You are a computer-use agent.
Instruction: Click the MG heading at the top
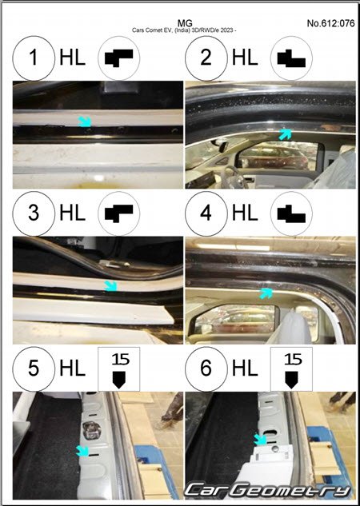(185, 23)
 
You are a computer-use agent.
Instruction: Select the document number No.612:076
(330, 23)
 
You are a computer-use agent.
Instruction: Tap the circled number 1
(34, 58)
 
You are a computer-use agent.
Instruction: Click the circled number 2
(206, 58)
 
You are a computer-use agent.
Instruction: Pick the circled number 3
(34, 213)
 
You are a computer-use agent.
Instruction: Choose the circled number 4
(206, 213)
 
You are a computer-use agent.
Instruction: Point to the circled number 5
(34, 369)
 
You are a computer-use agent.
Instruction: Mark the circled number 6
(206, 369)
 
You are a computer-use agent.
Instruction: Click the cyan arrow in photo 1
(85, 122)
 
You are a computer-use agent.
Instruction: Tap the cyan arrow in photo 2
(285, 134)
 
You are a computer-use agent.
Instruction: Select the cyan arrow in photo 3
(110, 286)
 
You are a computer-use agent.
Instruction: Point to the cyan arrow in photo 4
(266, 293)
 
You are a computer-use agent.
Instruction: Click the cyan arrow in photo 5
(82, 451)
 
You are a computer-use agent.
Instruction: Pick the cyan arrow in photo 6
(260, 439)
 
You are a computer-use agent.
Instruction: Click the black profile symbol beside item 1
(119, 58)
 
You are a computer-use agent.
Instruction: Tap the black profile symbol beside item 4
(291, 213)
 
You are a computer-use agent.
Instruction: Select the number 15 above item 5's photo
(121, 360)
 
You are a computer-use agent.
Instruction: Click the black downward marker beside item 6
(291, 380)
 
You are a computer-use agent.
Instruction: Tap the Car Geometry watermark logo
(267, 491)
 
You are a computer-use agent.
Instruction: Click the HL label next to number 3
(72, 213)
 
